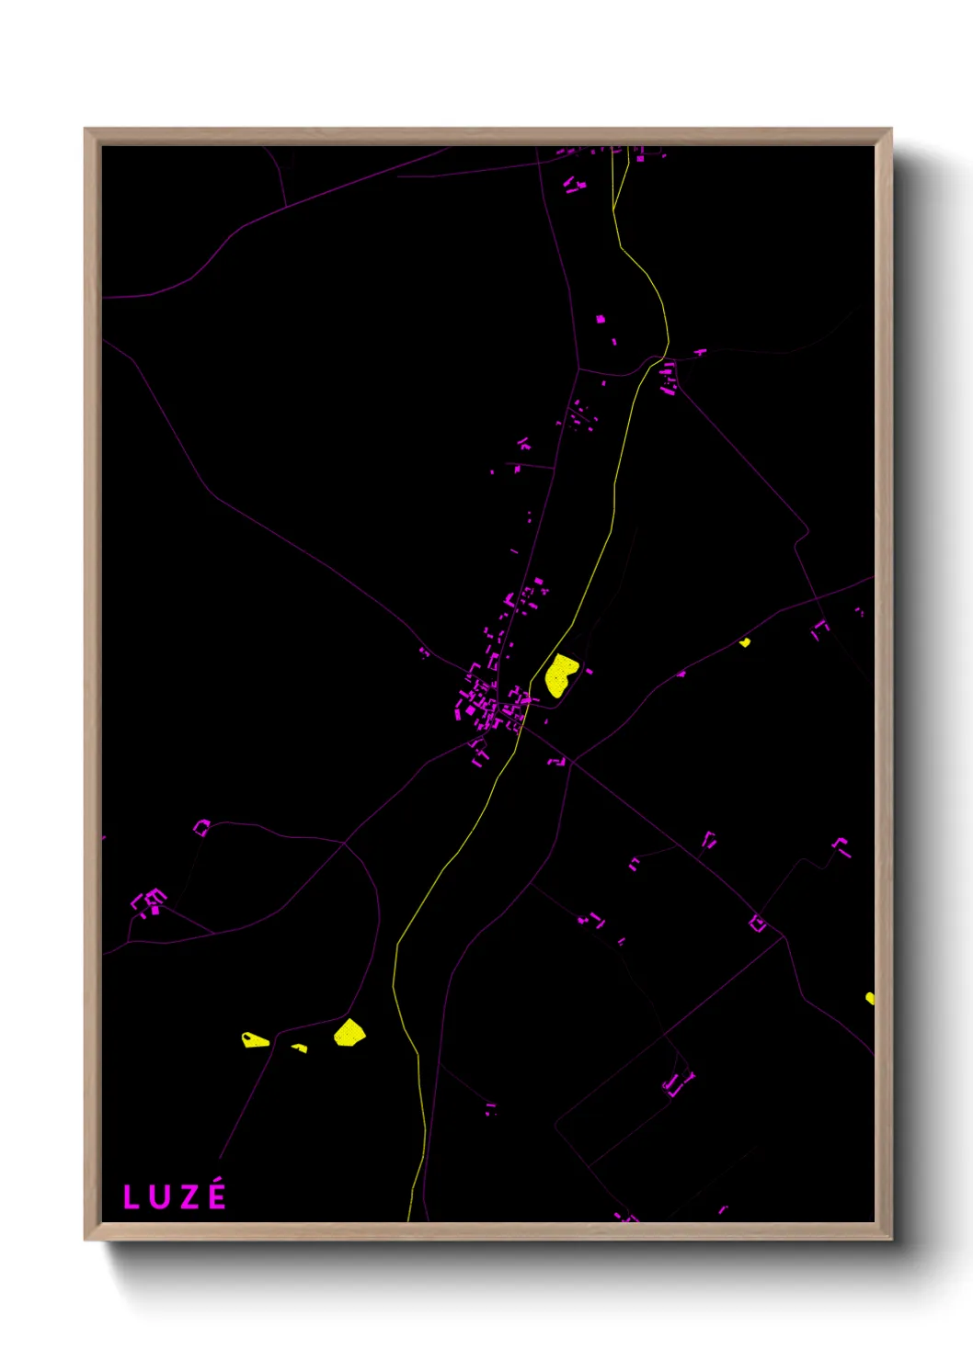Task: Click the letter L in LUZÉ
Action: pyautogui.click(x=131, y=1197)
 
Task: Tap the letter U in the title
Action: pyautogui.click(x=157, y=1197)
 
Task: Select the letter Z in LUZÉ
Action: pyautogui.click(x=186, y=1197)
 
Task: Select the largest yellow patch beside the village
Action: pyautogui.click(x=559, y=674)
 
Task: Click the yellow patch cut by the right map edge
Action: pyautogui.click(x=869, y=998)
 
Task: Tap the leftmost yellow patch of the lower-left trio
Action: pyautogui.click(x=254, y=1040)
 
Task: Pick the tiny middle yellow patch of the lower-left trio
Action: pyautogui.click(x=299, y=1048)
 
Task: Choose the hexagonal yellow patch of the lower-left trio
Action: pyautogui.click(x=349, y=1033)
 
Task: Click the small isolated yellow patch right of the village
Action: pyautogui.click(x=745, y=642)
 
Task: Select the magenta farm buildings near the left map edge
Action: pyautogui.click(x=150, y=901)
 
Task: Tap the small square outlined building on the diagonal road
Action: pyautogui.click(x=757, y=923)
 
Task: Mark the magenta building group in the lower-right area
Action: pyautogui.click(x=679, y=1084)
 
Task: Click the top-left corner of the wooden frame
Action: pyautogui.click(x=86, y=130)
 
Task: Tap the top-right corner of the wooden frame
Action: pyautogui.click(x=890, y=130)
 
